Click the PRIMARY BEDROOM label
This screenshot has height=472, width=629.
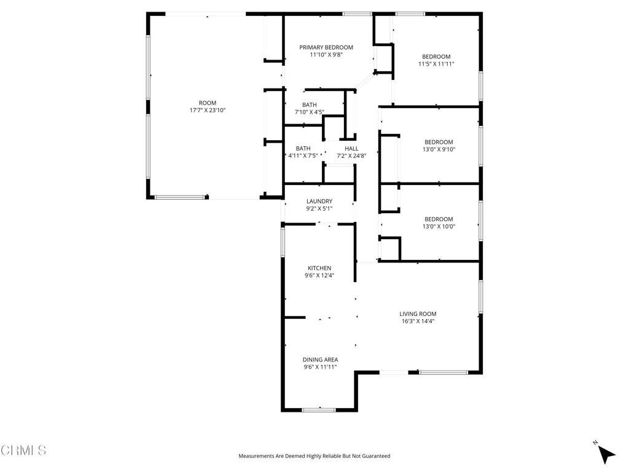coord(326,47)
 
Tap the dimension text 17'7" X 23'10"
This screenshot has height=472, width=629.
coord(208,111)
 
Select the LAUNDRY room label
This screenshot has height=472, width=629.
coord(319,201)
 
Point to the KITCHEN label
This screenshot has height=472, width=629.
coord(319,268)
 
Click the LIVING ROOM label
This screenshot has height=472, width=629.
coord(418,313)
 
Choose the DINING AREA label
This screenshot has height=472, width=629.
coord(320,360)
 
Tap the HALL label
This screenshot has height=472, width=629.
coord(351,149)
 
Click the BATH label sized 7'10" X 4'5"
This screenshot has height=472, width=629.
coord(310,104)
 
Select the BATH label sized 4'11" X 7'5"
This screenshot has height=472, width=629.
coord(303,149)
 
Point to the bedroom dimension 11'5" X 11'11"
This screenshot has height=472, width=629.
coord(436,64)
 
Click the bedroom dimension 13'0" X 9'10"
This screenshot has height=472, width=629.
coord(439,149)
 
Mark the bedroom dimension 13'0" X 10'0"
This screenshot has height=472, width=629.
coord(439,226)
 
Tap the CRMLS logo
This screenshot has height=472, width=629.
coord(23,450)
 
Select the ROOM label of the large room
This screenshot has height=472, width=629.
coord(208,103)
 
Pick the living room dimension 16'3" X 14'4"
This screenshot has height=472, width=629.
coord(418,321)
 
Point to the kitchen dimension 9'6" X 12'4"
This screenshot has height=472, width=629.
coord(319,275)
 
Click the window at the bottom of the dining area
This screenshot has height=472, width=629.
coord(319,409)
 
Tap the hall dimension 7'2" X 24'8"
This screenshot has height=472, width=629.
coord(351,156)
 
